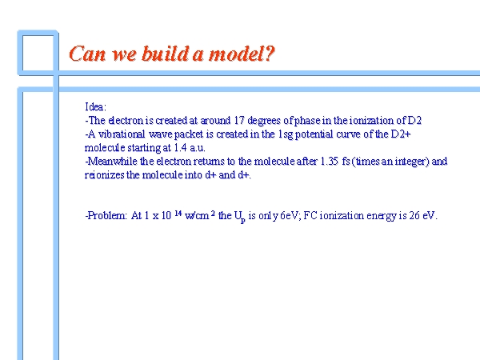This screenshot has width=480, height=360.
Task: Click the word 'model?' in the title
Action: tap(242, 54)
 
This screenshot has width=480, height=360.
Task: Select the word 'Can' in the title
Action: tap(87, 54)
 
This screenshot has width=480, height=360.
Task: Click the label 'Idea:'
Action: tap(95, 107)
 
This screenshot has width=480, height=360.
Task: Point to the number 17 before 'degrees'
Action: tap(238, 120)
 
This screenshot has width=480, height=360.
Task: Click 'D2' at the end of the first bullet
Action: tap(414, 120)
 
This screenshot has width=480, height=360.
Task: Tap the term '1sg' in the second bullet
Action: tap(286, 134)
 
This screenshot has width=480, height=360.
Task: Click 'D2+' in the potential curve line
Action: tap(401, 134)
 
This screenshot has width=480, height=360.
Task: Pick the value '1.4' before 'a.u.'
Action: tap(180, 147)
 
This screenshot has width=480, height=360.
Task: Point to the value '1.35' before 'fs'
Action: tap(330, 161)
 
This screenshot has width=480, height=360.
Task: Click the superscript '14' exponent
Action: tap(178, 213)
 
